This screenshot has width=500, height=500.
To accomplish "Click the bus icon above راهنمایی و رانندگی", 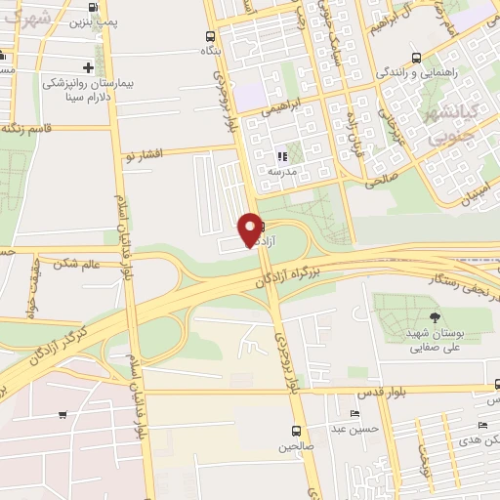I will [417, 57].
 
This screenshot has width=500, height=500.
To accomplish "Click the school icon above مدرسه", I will [282, 155].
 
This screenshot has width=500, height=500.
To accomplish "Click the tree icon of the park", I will [434, 317].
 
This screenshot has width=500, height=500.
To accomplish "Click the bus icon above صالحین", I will [297, 431].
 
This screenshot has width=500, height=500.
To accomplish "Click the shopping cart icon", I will [62, 415].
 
